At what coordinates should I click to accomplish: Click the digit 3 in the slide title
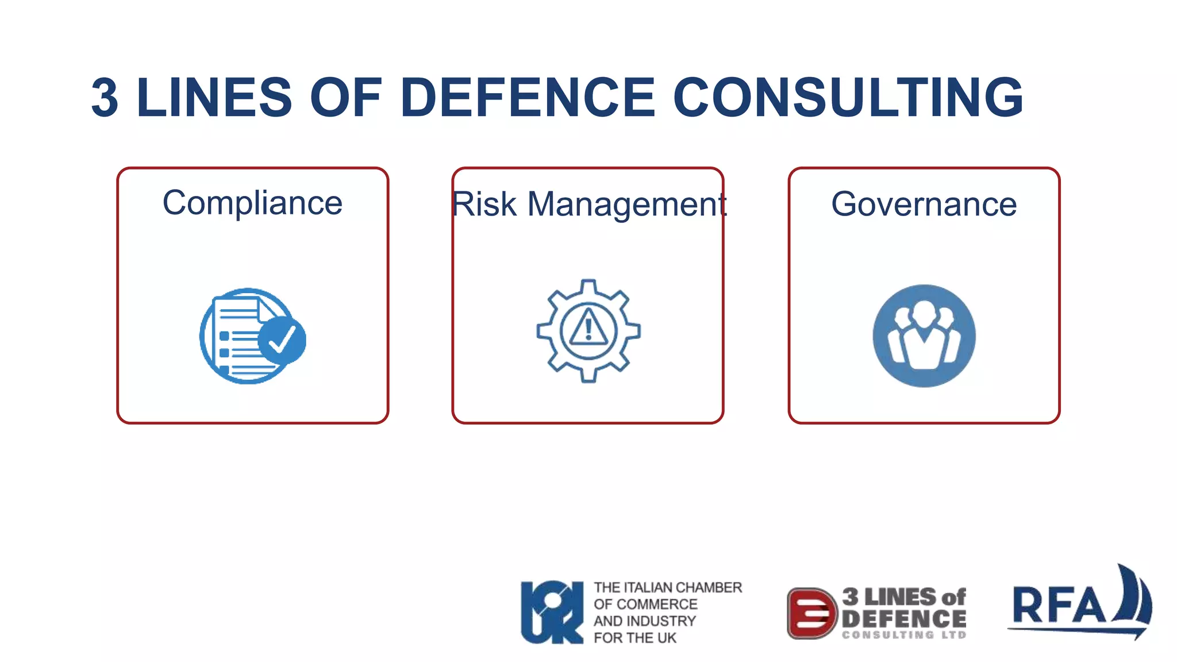105,98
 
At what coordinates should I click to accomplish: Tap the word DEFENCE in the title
528,98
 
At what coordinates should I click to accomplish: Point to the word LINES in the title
214,98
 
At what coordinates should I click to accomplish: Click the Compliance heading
252,203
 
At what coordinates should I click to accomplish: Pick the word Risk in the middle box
484,204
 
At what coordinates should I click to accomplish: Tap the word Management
627,205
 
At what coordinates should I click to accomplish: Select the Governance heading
924,204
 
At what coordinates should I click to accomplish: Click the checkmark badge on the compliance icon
282,340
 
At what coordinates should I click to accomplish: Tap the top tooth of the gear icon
588,286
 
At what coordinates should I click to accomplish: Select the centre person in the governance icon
924,336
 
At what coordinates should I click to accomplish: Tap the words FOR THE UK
635,638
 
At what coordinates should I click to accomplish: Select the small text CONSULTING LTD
904,635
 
